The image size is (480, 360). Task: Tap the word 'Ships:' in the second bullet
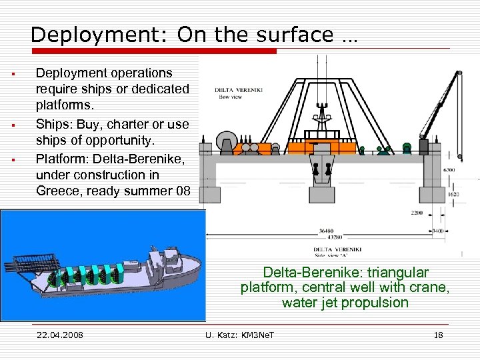pyautogui.click(x=55, y=125)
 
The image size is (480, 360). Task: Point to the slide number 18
pyautogui.click(x=438, y=335)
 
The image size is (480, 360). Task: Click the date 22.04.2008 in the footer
pyautogui.click(x=61, y=335)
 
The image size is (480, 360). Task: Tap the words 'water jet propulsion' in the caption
pyautogui.click(x=345, y=303)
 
